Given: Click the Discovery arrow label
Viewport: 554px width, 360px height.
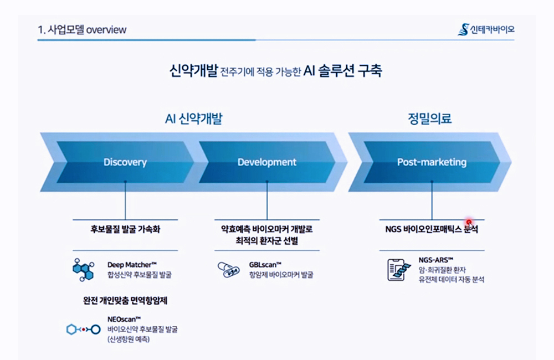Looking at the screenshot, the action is (x=125, y=162).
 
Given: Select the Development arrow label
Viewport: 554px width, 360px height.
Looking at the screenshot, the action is (x=267, y=162).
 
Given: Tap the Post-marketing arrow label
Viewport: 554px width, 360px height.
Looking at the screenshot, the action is (x=432, y=162).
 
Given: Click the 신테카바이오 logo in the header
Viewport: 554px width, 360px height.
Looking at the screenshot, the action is (x=486, y=30).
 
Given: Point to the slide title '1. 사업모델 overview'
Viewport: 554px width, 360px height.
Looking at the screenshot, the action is (x=82, y=30).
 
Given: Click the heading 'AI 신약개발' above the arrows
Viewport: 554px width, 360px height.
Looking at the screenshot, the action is (x=193, y=119).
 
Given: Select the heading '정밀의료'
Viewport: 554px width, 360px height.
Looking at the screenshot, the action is (x=430, y=119).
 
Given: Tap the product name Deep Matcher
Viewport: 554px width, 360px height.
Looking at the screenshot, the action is (x=132, y=265).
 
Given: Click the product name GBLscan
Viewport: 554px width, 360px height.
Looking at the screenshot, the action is (x=265, y=265).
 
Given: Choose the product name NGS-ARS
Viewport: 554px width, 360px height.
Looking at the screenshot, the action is (x=435, y=260).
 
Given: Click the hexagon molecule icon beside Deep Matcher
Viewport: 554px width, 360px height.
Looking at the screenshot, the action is (x=84, y=270).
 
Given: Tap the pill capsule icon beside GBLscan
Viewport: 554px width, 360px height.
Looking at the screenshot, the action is (x=229, y=270).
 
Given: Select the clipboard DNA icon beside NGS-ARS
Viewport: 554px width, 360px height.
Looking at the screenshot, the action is (x=399, y=270).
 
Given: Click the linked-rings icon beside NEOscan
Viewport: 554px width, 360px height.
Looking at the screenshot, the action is (x=84, y=330).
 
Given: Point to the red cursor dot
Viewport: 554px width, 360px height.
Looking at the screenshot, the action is (x=469, y=222).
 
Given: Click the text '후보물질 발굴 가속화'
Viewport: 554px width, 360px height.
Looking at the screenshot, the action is (x=125, y=229).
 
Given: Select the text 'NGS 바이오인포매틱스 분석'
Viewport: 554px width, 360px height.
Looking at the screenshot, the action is (x=432, y=229).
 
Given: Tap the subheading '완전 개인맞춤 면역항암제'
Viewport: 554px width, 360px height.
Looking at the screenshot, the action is (x=125, y=301).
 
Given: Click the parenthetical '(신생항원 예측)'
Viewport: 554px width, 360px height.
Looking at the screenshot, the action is (x=129, y=339).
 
